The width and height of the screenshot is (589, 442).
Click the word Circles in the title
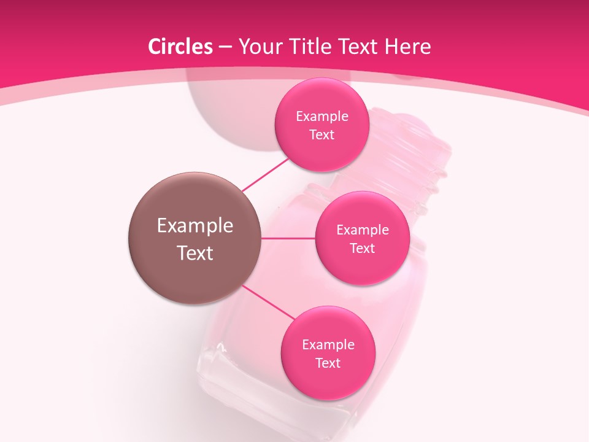coord(180,47)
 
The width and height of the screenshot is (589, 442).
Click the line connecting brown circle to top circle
coord(265,174)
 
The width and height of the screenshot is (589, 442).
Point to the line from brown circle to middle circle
coord(288,238)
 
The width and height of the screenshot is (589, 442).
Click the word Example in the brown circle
coord(195,226)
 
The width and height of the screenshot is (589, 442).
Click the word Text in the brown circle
coord(195,253)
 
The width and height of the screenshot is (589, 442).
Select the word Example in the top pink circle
coord(322,117)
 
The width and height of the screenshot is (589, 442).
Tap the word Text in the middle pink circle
coord(362,248)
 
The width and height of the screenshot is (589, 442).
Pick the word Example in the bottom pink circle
coord(328,345)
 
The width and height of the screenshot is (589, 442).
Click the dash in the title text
coord(225,47)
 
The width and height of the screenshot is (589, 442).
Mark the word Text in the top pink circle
coord(321,134)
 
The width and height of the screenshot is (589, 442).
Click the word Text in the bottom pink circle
coord(328,363)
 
